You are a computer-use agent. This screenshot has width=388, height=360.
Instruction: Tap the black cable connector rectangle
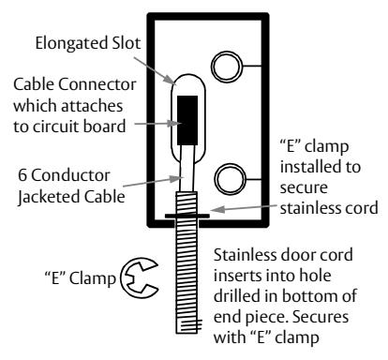tap(187, 120)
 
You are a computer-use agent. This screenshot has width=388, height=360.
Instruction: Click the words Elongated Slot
tap(88, 43)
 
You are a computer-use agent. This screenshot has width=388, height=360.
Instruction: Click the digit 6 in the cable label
tap(22, 175)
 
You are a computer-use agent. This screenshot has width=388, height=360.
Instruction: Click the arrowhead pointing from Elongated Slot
tap(172, 80)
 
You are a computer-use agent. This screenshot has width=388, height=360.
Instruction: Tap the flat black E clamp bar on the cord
tap(187, 216)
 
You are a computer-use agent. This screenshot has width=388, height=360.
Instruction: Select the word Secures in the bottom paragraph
tap(321, 317)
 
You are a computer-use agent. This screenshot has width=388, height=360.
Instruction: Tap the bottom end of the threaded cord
tap(187, 333)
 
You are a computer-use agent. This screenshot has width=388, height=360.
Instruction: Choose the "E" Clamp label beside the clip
tap(81, 278)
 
